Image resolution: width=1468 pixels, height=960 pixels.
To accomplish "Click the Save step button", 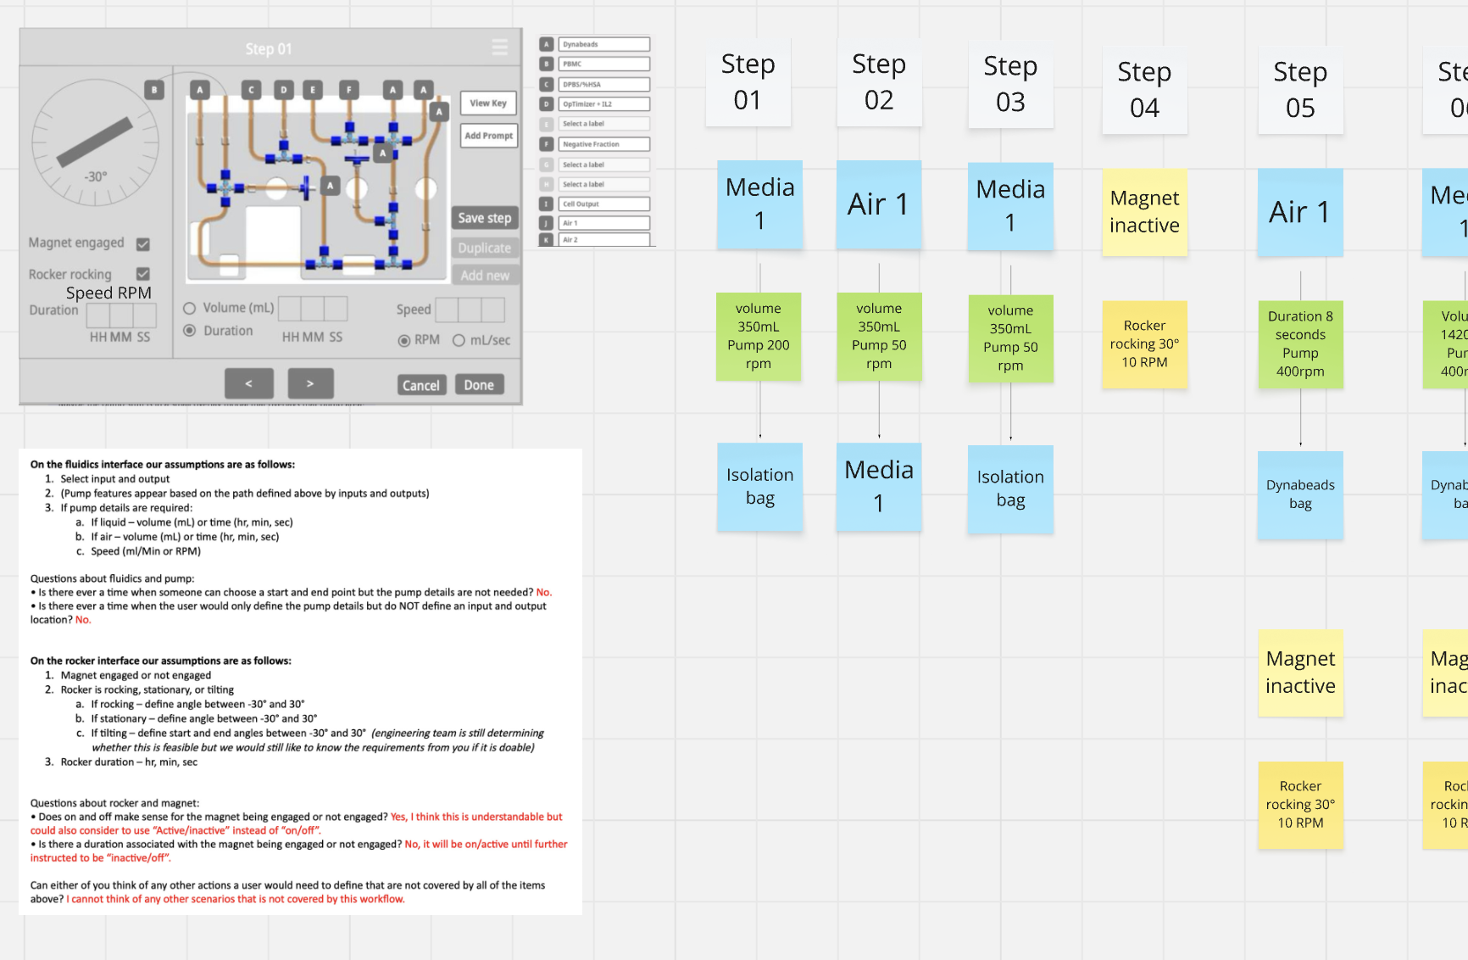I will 484,218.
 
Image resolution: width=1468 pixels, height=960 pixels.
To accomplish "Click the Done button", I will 479,385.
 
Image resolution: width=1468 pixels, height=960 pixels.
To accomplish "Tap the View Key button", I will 488,103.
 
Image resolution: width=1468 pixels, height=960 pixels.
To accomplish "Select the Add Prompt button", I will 488,136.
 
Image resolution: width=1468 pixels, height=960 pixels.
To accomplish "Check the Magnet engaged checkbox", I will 143,244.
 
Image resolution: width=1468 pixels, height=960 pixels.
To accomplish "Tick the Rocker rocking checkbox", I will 143,274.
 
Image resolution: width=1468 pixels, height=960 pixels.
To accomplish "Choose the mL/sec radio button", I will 459,340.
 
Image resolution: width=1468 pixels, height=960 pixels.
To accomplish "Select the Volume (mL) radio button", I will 190,308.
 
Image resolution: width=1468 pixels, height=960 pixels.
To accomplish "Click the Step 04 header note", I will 1144,90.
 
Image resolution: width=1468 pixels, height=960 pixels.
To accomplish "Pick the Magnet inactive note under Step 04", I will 1144,212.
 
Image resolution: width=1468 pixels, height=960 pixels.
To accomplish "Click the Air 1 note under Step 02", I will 878,204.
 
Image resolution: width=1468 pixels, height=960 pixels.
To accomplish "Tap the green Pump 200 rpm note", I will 758,336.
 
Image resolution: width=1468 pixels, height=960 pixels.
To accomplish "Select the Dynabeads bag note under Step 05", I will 1300,494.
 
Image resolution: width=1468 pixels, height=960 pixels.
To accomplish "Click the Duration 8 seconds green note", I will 1300,343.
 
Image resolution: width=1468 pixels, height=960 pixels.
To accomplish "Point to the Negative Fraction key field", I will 603,144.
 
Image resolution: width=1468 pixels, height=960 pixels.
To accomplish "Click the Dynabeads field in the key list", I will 603,44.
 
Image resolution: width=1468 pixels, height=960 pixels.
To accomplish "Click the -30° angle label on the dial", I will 95,176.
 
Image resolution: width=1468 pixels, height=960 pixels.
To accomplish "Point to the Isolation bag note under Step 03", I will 1010,488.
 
